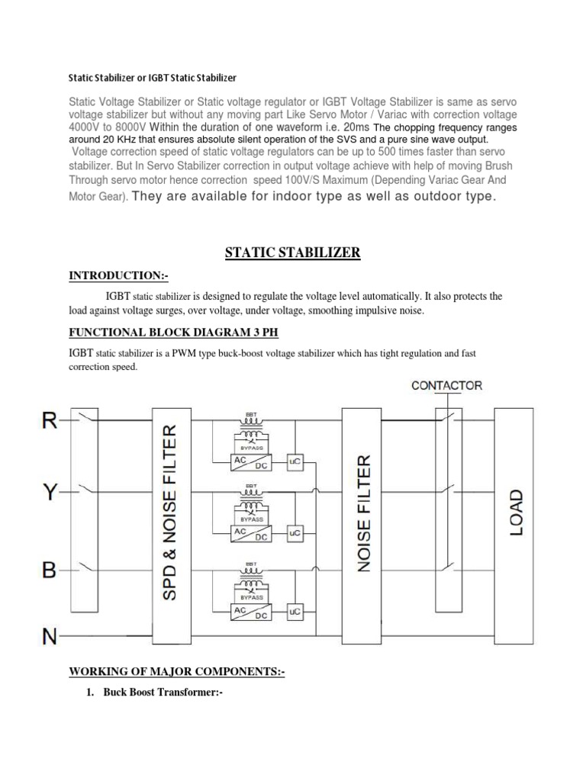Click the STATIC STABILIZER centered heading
(292, 253)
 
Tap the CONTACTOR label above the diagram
(446, 385)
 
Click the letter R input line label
(50, 419)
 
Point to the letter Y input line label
(50, 493)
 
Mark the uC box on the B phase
(294, 612)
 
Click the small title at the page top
(153, 78)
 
